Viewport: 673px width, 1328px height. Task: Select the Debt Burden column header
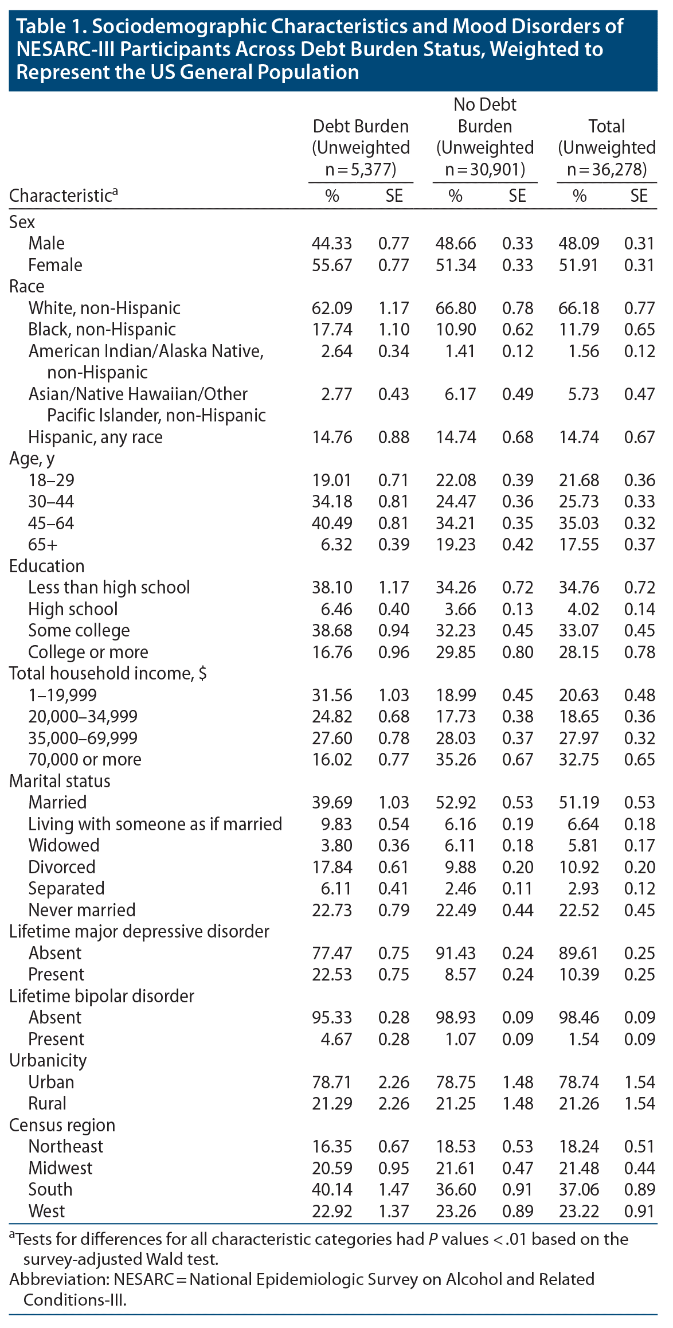click(361, 126)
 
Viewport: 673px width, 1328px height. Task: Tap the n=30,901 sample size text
click(485, 169)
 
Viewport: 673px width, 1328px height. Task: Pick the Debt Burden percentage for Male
click(332, 243)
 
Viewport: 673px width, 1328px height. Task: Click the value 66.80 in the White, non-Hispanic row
click(456, 308)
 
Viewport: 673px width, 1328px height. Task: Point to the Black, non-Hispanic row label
click(102, 329)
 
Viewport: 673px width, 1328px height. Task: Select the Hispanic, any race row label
click(95, 437)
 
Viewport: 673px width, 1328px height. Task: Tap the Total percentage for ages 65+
click(579, 544)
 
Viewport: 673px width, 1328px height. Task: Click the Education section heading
click(47, 566)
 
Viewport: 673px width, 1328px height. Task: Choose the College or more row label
click(88, 652)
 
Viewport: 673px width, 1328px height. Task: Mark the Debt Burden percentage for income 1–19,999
click(332, 695)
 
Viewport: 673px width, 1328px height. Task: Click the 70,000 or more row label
click(85, 759)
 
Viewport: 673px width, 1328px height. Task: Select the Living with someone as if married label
click(155, 824)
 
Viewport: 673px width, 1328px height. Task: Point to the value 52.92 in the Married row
click(456, 802)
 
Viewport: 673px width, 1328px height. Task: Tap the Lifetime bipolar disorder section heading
click(101, 996)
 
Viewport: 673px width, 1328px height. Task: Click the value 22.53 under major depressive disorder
click(332, 974)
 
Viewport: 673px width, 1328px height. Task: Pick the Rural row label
click(48, 1103)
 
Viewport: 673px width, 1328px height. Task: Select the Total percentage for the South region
click(579, 1189)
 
